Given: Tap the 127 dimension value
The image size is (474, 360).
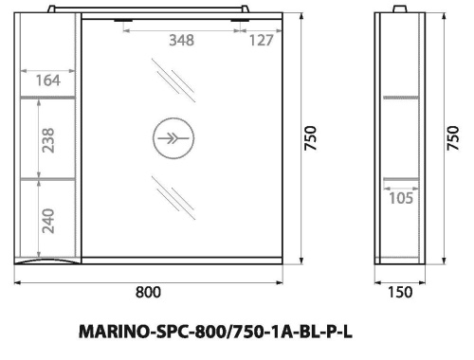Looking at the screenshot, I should pos(261,40).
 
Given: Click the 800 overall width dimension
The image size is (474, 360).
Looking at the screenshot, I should pos(148,292).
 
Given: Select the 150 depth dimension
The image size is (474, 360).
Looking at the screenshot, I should pos(401,292).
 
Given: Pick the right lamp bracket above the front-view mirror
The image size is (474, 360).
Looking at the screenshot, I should pos(243,16).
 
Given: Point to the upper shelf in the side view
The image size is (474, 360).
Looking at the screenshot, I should pos(401,98).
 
